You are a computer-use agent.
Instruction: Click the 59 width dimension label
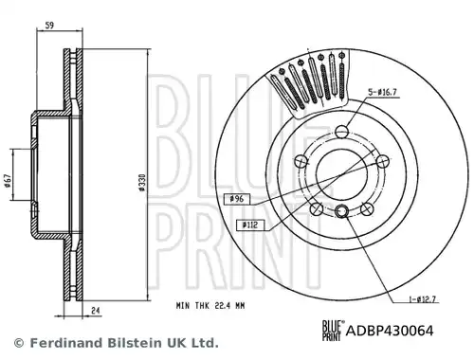[49, 25]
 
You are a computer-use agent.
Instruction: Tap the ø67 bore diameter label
[8, 181]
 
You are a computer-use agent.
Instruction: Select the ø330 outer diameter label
[142, 182]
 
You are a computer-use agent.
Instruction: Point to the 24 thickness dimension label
[96, 311]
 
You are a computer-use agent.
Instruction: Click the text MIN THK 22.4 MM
[210, 306]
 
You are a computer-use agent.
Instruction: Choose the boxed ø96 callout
[237, 199]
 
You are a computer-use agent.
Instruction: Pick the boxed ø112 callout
[249, 225]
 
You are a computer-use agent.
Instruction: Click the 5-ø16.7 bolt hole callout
[382, 92]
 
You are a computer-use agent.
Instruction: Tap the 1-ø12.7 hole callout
[423, 299]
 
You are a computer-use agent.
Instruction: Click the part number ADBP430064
[390, 331]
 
